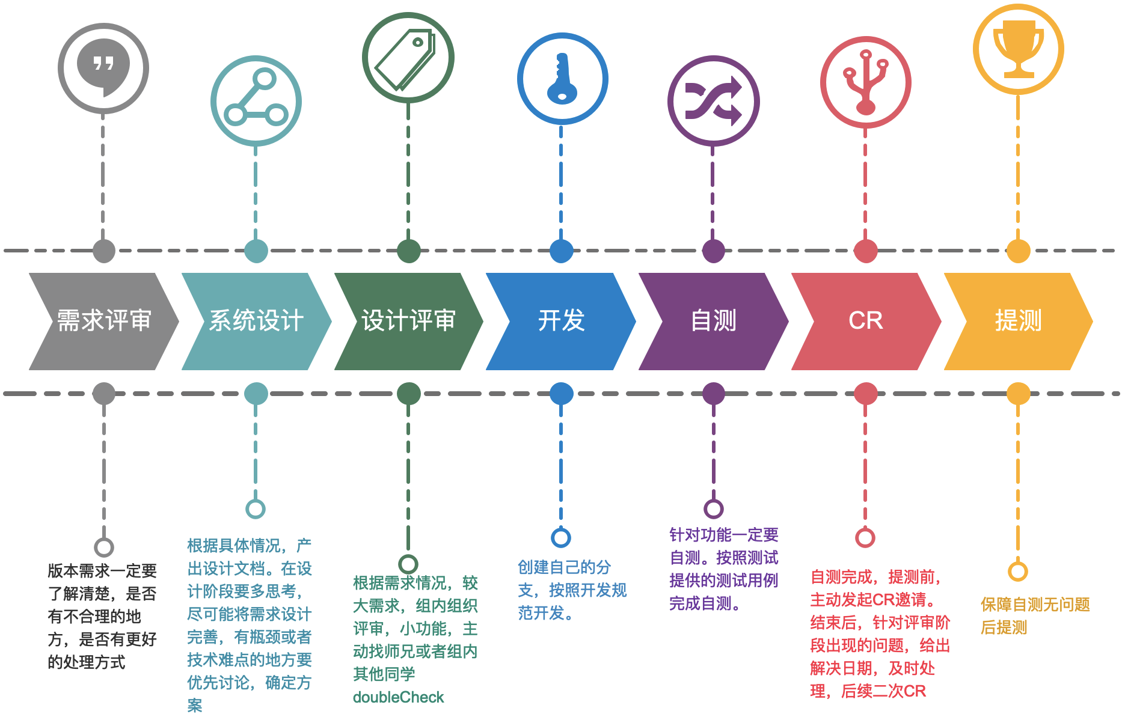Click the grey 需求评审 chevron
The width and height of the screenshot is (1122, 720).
click(x=104, y=321)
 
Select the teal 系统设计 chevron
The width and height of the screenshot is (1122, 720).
click(x=256, y=321)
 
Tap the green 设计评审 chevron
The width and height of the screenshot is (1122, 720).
click(x=409, y=321)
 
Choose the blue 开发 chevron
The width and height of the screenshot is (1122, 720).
click(x=561, y=321)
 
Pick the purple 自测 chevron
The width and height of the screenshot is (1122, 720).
click(x=714, y=321)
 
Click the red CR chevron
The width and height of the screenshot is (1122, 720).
click(x=866, y=321)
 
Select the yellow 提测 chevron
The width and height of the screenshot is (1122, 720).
click(x=1018, y=321)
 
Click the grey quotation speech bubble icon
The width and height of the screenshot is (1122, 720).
click(x=103, y=67)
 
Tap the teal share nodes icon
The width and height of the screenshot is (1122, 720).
click(x=256, y=100)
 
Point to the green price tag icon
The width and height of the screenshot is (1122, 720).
click(x=408, y=57)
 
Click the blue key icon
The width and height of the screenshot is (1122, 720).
click(x=562, y=79)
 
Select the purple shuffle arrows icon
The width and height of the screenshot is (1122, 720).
click(x=714, y=100)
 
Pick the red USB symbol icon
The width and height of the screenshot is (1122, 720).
click(x=866, y=82)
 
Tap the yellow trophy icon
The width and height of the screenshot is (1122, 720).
click(x=1019, y=49)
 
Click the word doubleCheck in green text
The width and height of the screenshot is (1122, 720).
click(x=398, y=697)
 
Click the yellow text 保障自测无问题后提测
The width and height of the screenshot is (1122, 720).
click(x=1035, y=616)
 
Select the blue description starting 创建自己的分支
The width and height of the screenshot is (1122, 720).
click(x=572, y=590)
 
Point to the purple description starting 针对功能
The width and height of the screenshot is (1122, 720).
click(x=723, y=569)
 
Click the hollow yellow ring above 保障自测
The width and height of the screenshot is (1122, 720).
click(x=1018, y=571)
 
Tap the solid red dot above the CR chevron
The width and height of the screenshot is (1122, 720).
click(x=866, y=251)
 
